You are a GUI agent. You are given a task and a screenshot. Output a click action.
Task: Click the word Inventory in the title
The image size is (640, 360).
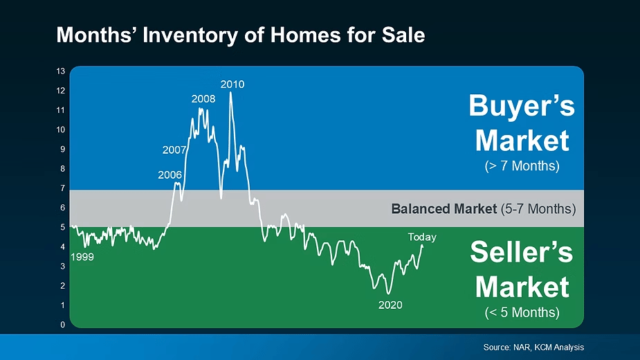(x=190, y=35)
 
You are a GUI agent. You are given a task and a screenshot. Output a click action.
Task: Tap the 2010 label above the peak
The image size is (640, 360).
(x=232, y=84)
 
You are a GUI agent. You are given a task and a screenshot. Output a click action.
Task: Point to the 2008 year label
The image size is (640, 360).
(x=203, y=99)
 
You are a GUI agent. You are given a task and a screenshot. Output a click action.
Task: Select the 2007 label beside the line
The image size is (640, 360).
(x=174, y=150)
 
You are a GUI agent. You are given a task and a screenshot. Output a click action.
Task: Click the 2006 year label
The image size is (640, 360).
(x=170, y=175)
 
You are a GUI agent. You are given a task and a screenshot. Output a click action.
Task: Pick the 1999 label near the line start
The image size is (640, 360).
(x=82, y=257)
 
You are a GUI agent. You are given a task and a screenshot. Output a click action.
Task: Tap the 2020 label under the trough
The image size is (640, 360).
(x=390, y=305)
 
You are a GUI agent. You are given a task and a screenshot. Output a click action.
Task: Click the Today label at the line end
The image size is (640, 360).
(x=422, y=237)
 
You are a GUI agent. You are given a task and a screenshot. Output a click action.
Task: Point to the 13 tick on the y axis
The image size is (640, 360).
(x=61, y=71)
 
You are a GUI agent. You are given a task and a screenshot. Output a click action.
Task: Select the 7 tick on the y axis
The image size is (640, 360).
(x=62, y=188)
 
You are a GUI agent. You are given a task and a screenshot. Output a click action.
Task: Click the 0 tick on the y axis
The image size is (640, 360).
(x=62, y=325)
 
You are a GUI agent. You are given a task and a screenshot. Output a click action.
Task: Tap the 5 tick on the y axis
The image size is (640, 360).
(x=62, y=227)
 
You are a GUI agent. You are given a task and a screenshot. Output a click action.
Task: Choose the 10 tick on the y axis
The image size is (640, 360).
(x=61, y=129)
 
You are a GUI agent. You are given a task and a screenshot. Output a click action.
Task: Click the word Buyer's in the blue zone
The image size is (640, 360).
(x=522, y=106)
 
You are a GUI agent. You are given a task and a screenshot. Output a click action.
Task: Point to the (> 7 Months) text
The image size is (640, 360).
(x=522, y=166)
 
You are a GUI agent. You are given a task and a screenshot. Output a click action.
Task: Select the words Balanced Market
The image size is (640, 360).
(x=444, y=209)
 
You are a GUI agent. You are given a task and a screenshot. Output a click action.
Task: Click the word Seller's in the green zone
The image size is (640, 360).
(x=522, y=252)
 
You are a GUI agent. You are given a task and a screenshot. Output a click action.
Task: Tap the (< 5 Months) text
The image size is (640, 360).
(x=522, y=313)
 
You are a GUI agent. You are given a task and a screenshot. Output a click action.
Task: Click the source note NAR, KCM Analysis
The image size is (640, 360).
(x=549, y=348)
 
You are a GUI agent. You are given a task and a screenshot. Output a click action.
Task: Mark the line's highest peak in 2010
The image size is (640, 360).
(x=230, y=92)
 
